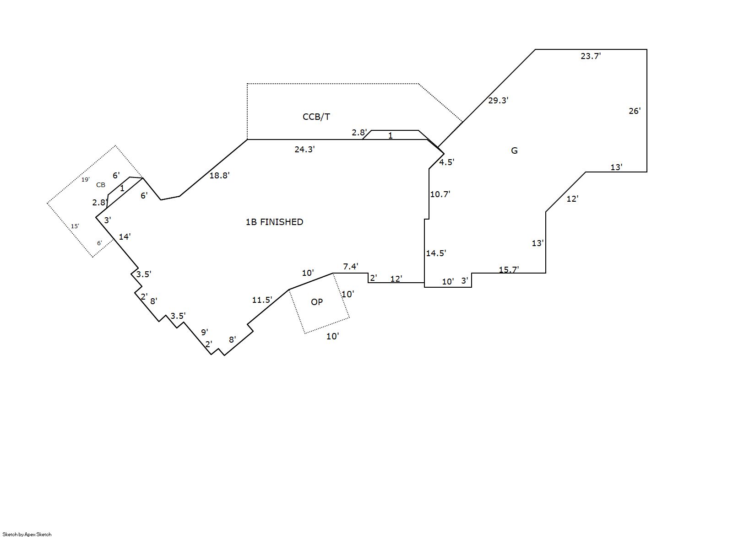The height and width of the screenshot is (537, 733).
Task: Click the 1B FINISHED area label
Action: (x=274, y=222)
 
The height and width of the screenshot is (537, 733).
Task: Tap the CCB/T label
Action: (x=316, y=117)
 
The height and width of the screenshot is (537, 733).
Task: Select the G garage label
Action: (x=514, y=151)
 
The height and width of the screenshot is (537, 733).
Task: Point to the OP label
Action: (x=317, y=302)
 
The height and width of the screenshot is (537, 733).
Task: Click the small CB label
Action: (x=101, y=185)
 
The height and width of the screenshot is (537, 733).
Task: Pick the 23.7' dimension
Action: (x=591, y=56)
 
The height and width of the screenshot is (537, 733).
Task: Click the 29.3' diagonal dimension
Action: (x=498, y=101)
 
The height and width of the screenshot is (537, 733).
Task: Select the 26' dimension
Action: (x=635, y=111)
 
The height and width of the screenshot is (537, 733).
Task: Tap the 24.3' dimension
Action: (x=304, y=149)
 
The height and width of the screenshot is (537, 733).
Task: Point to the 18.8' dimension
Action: (x=219, y=175)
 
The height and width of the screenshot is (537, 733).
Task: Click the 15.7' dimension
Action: (x=509, y=269)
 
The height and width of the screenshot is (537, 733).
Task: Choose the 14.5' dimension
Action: (x=436, y=253)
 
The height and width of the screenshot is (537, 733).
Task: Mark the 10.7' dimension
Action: (x=440, y=194)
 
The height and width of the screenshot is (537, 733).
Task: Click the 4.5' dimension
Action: (x=446, y=162)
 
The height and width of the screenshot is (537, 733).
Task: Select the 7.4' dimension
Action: (x=351, y=267)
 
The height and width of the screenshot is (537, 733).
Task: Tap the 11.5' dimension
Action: (x=262, y=300)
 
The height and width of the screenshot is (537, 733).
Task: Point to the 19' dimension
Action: (x=86, y=180)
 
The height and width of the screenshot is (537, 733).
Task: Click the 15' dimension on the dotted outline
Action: (x=75, y=226)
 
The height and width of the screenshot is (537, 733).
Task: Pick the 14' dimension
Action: (x=125, y=237)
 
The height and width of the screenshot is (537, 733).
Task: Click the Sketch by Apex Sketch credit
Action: (x=27, y=534)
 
